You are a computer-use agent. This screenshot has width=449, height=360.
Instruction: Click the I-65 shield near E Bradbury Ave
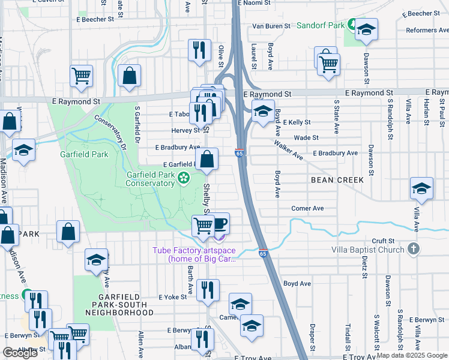pos(240,154)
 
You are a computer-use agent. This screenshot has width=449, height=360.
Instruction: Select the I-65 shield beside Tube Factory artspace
pos(263,254)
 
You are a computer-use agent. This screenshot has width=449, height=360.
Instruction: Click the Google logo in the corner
pos(20,353)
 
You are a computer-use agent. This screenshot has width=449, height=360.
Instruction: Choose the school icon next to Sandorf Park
pos(366,30)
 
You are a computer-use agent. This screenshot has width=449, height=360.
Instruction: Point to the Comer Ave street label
pos(307,209)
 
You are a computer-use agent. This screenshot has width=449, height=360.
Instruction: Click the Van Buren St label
pos(271,26)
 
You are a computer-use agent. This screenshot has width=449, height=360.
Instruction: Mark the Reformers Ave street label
pos(427,30)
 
